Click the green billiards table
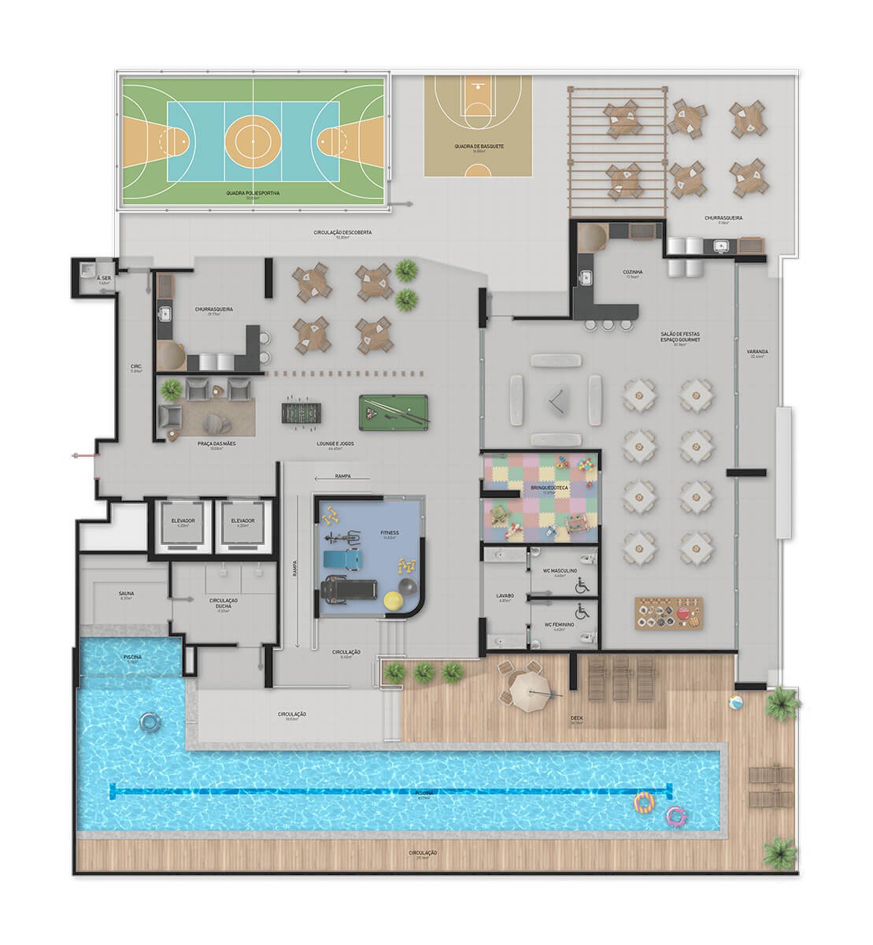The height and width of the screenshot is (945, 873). (x=393, y=409)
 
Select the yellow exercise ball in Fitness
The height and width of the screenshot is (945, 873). (x=393, y=601)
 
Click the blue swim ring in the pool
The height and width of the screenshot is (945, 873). (x=147, y=721)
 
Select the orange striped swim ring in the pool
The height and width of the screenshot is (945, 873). (x=645, y=802)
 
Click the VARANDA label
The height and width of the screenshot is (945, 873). (x=759, y=353)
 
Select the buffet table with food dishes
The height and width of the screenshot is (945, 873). (x=668, y=613)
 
